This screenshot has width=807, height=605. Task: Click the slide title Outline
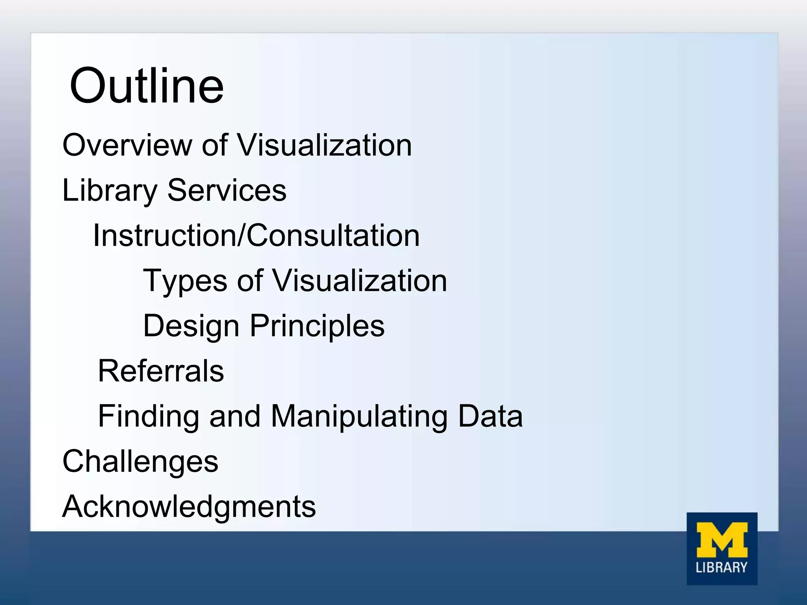[x=147, y=86]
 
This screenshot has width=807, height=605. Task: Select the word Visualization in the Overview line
[x=325, y=145]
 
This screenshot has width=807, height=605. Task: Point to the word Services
[x=227, y=190]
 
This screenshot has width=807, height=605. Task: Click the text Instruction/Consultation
[x=256, y=236]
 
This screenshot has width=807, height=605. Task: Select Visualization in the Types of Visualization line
[x=360, y=280]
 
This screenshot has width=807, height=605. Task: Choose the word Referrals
[x=161, y=371]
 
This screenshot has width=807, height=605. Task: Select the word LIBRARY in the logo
[x=721, y=568]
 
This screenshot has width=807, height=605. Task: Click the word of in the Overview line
[x=214, y=145]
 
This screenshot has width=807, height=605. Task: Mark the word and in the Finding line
[x=235, y=416]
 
